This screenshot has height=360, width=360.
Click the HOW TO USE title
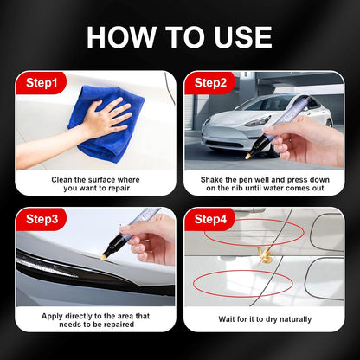pyautogui.click(x=180, y=36)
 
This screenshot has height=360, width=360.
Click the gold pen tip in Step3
pyautogui.click(x=105, y=257)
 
